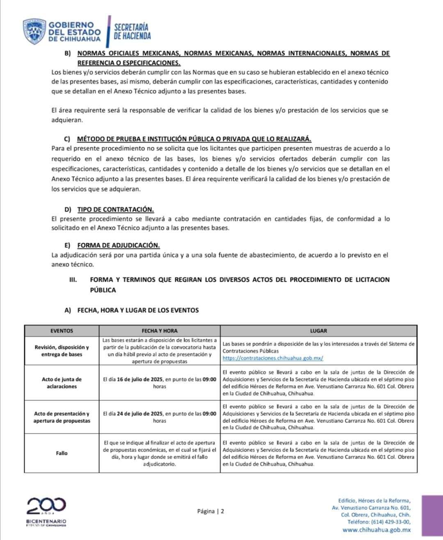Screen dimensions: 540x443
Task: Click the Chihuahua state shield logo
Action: [34, 32]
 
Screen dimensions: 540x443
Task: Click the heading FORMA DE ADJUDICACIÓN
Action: [119, 245]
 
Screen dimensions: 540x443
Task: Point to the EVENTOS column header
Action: [62, 330]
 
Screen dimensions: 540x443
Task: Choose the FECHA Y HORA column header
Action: [160, 330]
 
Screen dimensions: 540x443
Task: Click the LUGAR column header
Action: [319, 330]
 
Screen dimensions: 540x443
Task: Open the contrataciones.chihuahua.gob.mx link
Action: [273, 358]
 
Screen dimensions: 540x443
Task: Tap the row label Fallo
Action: [62, 453]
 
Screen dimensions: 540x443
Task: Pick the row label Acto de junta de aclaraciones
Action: [62, 383]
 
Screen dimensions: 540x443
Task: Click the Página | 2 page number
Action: [210, 511]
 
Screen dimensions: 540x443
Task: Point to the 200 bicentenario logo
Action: [46, 506]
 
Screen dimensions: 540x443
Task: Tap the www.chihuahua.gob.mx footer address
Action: [377, 530]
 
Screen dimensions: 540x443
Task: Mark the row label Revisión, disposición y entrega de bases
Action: [62, 351]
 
